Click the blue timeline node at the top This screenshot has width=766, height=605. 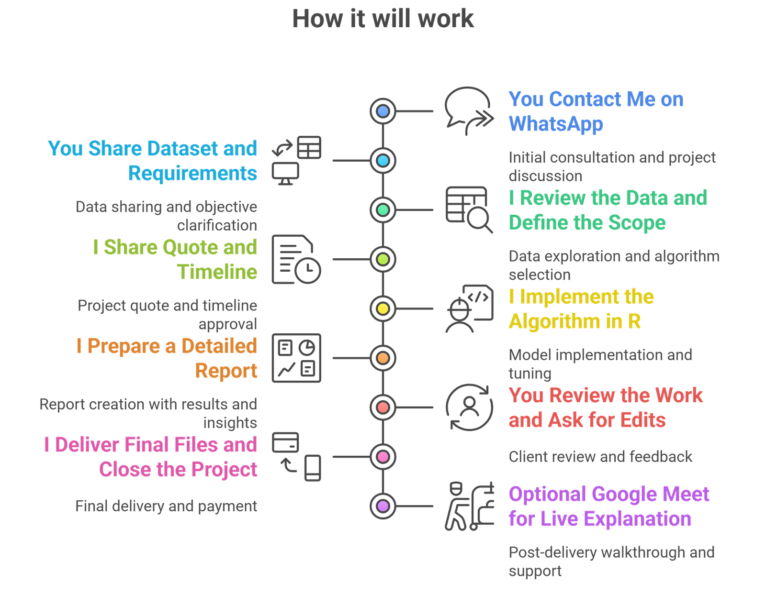[383, 111]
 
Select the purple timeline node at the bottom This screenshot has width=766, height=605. [383, 506]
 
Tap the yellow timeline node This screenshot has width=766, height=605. [383, 308]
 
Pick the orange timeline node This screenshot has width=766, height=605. [383, 358]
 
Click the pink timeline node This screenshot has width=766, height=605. [383, 457]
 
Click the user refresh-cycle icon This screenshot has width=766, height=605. [469, 407]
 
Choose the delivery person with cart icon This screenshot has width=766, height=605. [469, 506]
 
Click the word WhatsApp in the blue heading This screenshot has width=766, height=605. [556, 124]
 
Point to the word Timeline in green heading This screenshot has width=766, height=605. [217, 272]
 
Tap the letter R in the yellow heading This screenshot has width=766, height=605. [634, 321]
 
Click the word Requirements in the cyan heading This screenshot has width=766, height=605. [192, 173]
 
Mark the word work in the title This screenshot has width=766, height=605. [445, 19]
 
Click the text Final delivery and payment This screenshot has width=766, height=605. [166, 506]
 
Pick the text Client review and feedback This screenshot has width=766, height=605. [600, 456]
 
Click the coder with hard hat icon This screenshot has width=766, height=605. [469, 308]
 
